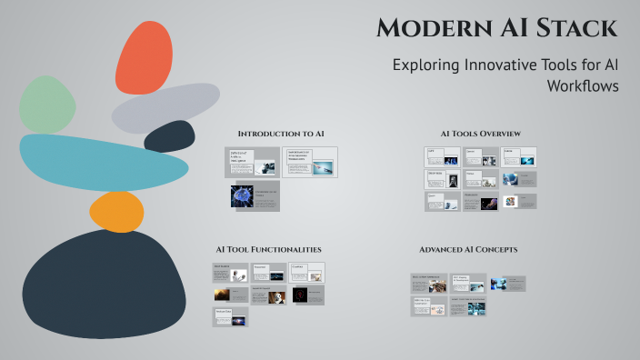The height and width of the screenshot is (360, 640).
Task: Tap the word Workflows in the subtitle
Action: click(582, 86)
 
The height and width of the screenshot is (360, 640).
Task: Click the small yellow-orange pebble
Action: click(116, 212)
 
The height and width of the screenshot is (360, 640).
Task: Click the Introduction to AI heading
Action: click(281, 134)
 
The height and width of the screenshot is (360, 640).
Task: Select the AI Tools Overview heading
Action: click(481, 134)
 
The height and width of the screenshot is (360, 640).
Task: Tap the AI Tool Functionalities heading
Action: click(268, 249)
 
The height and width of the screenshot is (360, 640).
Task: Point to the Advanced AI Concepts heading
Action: click(468, 249)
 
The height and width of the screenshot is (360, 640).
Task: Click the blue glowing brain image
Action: click(241, 196)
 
